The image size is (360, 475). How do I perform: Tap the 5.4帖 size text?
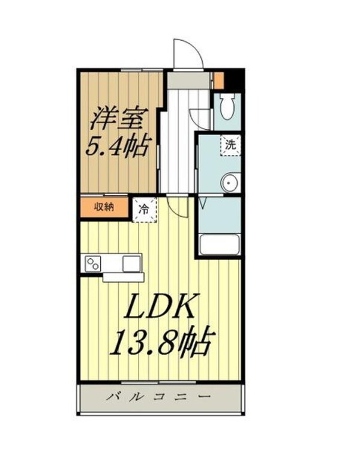118,146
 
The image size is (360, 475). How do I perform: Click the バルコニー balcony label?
160,397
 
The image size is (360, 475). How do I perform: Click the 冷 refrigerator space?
144,210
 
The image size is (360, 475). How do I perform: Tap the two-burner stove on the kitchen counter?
94,263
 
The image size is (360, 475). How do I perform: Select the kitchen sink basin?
132,262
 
